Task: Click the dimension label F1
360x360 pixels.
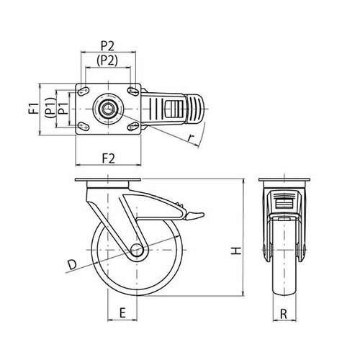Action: click(x=35, y=108)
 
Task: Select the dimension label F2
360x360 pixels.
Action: click(x=109, y=158)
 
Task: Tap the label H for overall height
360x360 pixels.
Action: click(x=236, y=251)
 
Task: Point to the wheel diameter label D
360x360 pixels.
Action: click(x=72, y=264)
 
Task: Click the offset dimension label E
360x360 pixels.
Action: click(x=122, y=313)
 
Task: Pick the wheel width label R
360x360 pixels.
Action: click(x=284, y=313)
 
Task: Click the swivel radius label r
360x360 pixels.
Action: click(x=191, y=138)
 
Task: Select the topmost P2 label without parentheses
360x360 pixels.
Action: click(x=107, y=46)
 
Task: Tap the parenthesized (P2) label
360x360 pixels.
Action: click(x=107, y=60)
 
